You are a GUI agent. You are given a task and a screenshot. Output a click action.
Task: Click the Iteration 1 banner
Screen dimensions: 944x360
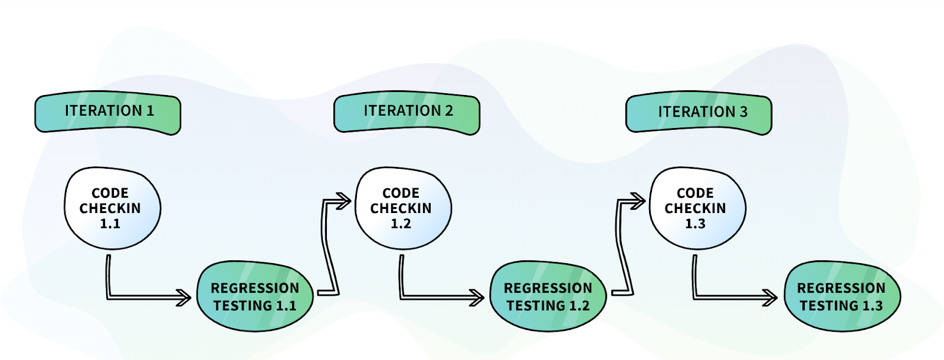(108, 113)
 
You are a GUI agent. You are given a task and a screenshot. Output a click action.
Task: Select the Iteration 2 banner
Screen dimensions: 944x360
(407, 113)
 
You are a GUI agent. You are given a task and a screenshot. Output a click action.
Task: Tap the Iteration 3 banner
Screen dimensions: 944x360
(699, 113)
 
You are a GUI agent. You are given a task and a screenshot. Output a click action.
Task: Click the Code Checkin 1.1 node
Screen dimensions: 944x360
(113, 208)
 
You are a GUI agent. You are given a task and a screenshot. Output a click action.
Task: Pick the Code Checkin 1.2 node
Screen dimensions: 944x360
(404, 208)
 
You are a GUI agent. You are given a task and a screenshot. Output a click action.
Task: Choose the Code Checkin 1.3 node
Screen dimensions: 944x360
(697, 208)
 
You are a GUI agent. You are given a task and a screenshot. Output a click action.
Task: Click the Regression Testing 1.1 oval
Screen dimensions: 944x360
(255, 296)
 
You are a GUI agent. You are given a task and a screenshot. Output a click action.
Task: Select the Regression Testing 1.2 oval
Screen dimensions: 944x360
(548, 296)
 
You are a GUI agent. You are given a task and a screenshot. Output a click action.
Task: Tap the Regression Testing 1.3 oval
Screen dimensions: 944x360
(842, 296)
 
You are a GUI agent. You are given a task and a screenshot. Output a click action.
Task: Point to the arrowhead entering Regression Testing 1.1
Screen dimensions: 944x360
(184, 297)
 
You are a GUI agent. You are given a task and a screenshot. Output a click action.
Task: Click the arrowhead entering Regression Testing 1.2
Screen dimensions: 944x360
(477, 297)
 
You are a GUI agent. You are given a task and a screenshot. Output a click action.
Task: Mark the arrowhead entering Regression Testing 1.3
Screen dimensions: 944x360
(770, 297)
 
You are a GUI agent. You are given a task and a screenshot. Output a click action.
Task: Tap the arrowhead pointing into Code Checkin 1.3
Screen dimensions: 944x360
(638, 201)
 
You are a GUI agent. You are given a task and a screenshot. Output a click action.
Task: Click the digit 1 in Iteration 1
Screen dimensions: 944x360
(150, 110)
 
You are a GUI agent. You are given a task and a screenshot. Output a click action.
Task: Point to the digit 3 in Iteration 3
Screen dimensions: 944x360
(743, 112)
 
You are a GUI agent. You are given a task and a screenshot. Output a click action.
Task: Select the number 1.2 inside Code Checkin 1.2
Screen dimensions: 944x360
(401, 224)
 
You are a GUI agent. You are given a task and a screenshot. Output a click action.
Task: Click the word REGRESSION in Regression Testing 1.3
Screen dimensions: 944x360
(841, 288)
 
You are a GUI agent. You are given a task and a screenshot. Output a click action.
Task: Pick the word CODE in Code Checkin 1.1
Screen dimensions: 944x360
(110, 193)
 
